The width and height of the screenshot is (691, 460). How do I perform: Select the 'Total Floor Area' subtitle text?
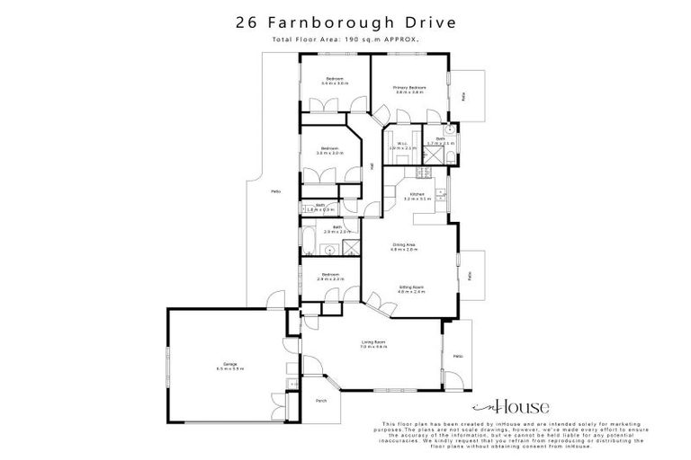345,40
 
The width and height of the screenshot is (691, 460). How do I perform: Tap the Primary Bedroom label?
409,90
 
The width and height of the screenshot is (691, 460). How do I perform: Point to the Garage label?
229,367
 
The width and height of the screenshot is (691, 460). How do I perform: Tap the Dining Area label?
402,247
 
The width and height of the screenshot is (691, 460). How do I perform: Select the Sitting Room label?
411,289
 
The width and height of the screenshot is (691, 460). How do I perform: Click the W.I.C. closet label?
400,146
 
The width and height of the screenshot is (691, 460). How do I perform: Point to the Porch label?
321,402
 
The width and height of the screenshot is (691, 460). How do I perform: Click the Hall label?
372,165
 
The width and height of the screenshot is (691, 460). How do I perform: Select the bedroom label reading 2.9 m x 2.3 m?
331,277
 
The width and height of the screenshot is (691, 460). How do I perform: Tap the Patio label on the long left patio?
274,190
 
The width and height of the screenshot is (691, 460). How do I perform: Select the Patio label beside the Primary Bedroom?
464,94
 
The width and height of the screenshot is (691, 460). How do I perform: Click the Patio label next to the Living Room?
457,357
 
